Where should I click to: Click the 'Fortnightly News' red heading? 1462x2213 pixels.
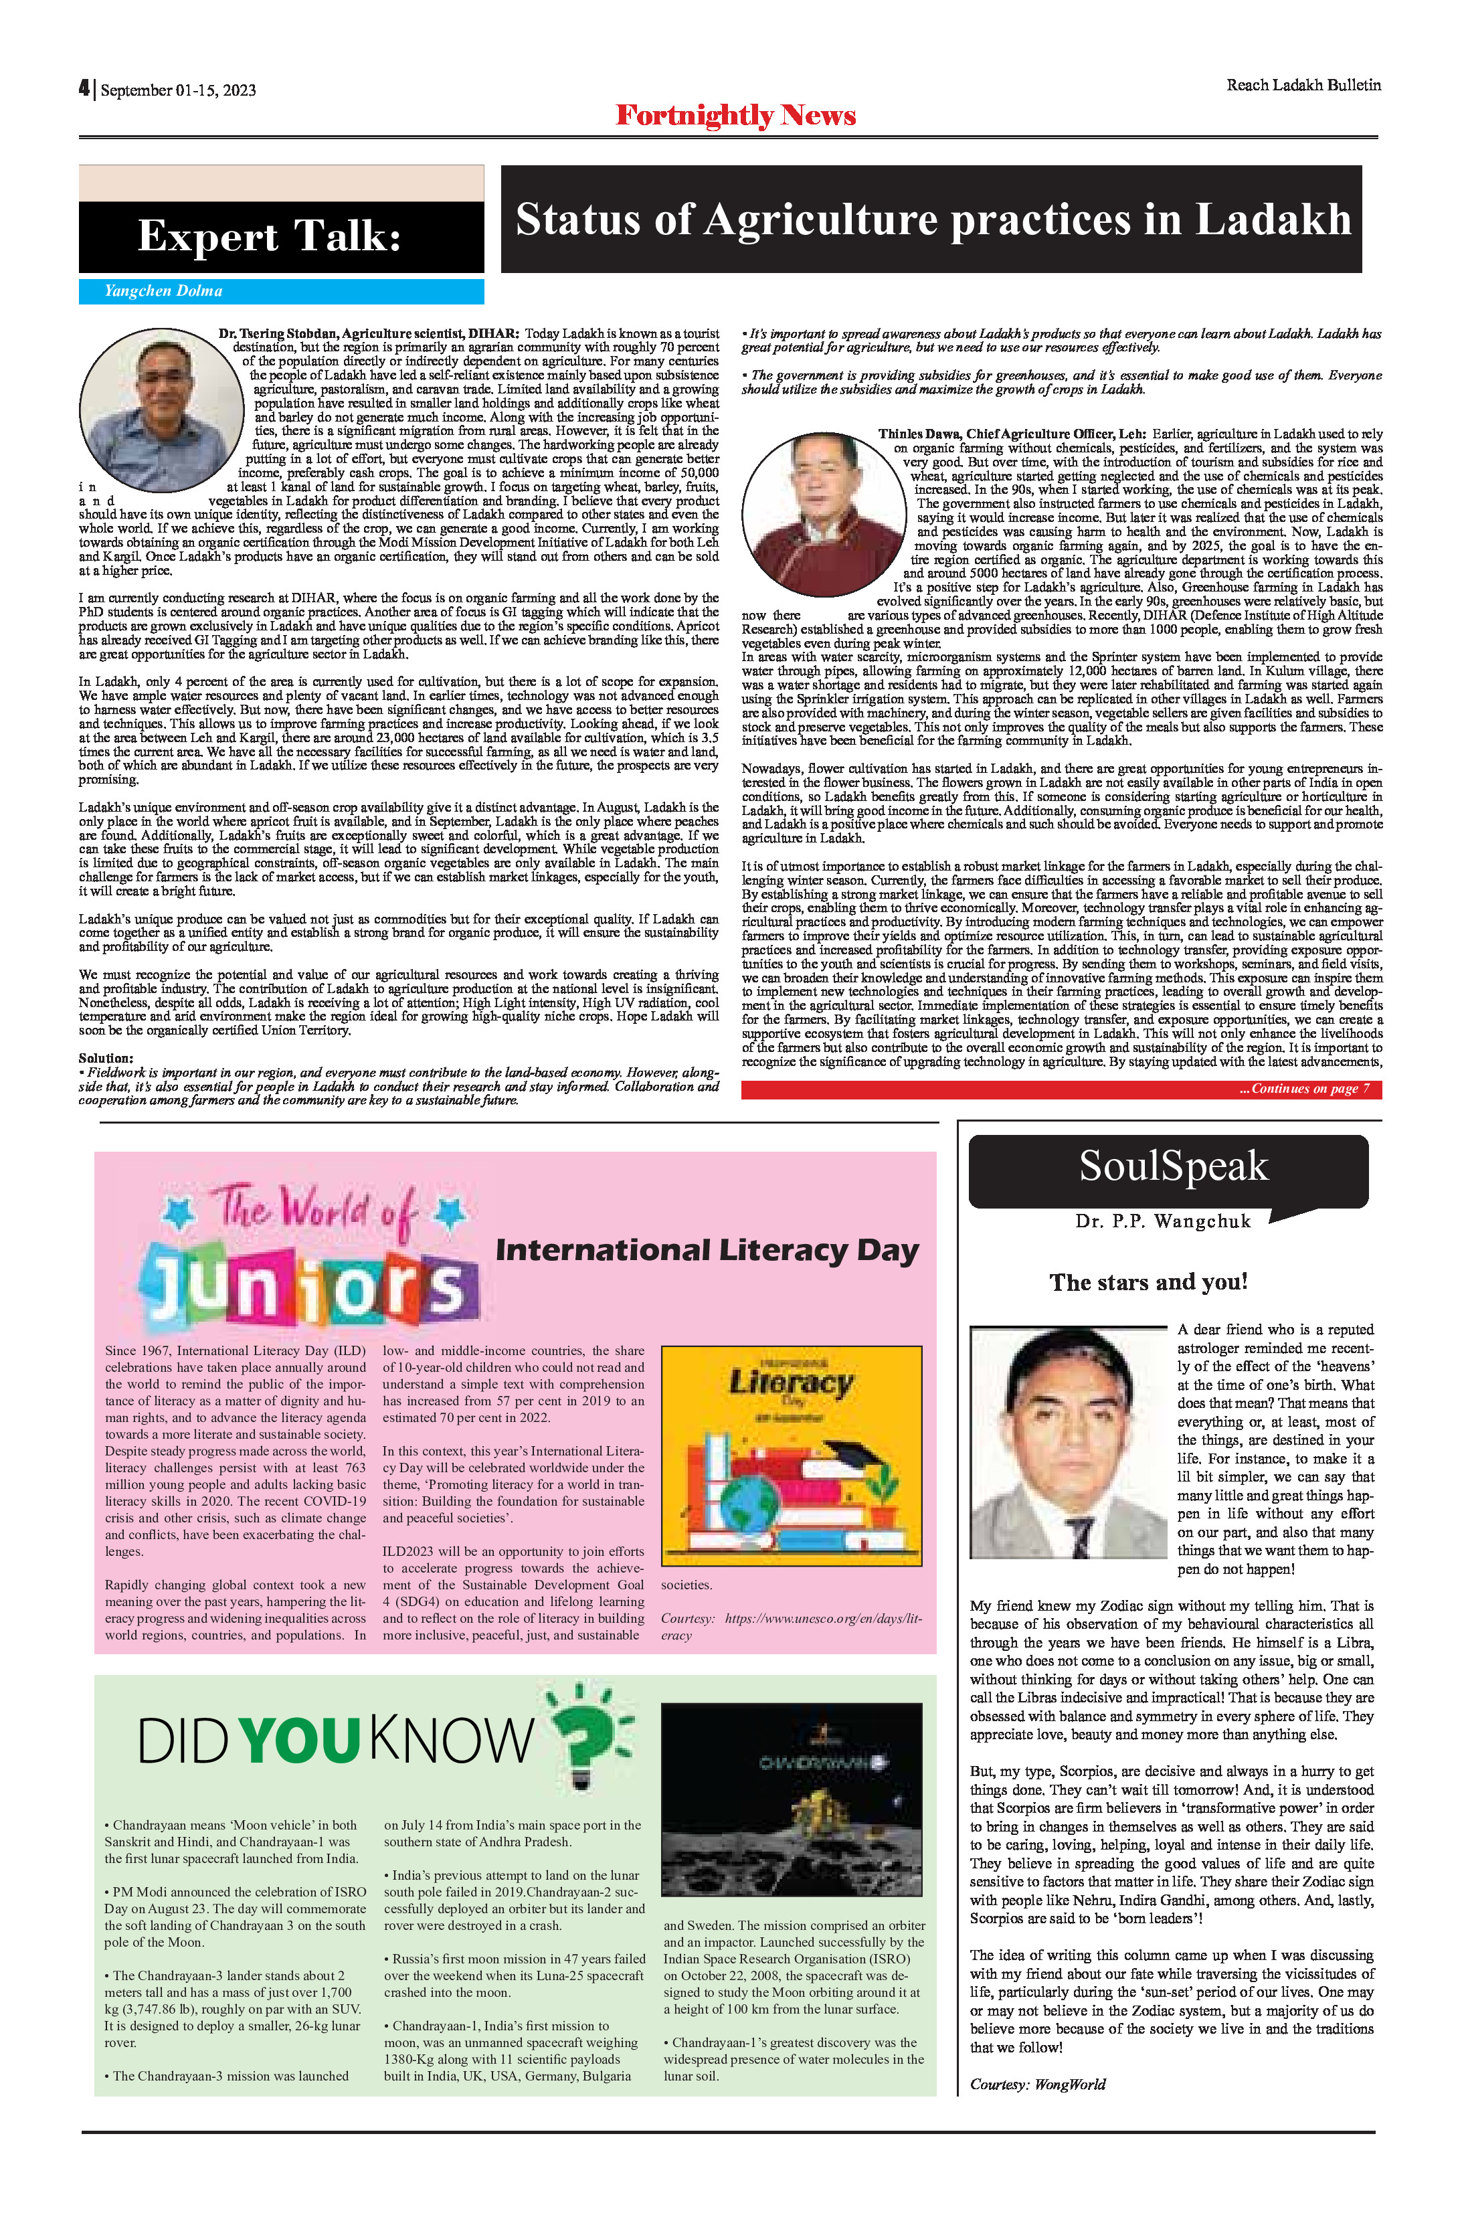pos(735,116)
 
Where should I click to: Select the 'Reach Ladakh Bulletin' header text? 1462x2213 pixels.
pos(1303,85)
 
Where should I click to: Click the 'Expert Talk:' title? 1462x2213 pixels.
pos(270,236)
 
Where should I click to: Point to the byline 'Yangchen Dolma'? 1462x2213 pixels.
pos(163,291)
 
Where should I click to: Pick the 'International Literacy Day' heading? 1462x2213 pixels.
pos(707,1249)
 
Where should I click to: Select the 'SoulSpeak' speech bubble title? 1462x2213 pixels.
pos(1173,1166)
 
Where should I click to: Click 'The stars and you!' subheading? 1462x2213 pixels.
pos(1148,1282)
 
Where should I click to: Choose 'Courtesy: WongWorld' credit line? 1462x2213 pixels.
pos(1038,2083)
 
